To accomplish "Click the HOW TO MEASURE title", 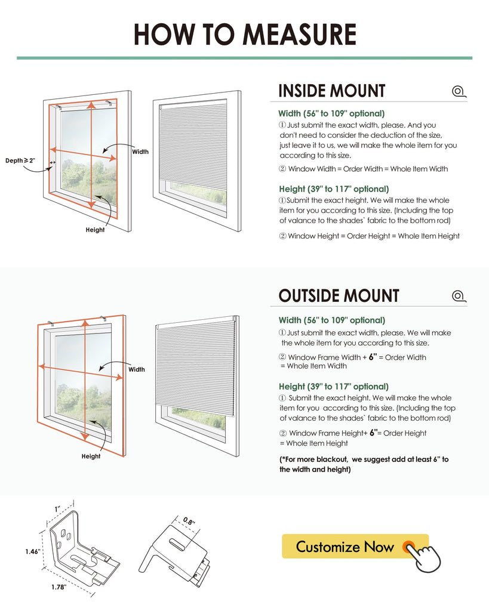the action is coord(245,34).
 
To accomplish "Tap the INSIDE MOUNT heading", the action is coord(332,91).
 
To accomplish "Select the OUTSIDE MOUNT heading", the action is coord(339,296).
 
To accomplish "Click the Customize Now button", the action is coord(355,547).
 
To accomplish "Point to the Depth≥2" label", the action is coord(20,161).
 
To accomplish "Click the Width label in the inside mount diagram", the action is coord(140,152).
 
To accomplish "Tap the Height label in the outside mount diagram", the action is coord(91,456).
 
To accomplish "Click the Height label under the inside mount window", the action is coord(95,230).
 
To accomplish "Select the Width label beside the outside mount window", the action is coord(137,369).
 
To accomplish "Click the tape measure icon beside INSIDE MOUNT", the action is coord(459,91).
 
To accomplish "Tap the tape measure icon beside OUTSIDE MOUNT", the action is coord(459,296).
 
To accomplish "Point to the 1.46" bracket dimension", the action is coord(32,552).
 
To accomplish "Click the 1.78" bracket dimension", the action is coord(59,587).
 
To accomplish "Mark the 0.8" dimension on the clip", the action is coord(189,521).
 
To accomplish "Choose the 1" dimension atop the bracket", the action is coord(58,509).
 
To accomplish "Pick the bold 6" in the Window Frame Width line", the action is coord(373,357).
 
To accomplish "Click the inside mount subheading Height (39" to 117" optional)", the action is coord(334,189).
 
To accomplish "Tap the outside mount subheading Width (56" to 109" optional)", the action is coord(332,320).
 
